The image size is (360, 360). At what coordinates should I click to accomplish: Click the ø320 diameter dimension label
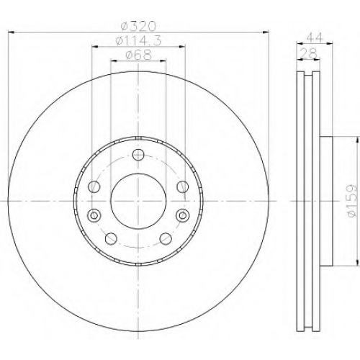[138, 26]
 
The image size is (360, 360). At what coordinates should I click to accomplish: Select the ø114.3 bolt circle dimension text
[138, 41]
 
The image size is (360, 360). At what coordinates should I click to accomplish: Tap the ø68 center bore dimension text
[138, 55]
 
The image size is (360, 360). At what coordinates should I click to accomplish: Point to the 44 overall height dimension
[315, 38]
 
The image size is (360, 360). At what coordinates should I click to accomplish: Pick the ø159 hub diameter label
[351, 200]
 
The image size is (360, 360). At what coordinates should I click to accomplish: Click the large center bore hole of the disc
[138, 201]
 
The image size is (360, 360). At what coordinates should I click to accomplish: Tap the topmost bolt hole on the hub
[138, 155]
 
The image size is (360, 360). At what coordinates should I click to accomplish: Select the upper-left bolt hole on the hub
[94, 186]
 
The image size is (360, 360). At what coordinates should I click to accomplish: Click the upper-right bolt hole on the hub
[183, 186]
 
